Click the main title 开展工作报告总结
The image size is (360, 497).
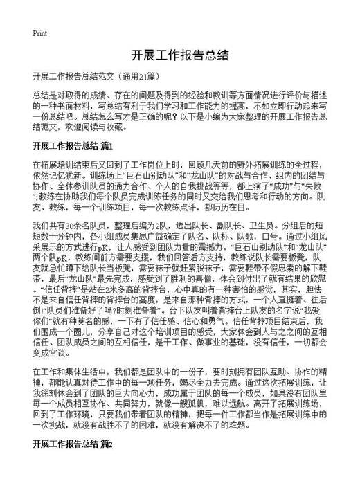[179, 55]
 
